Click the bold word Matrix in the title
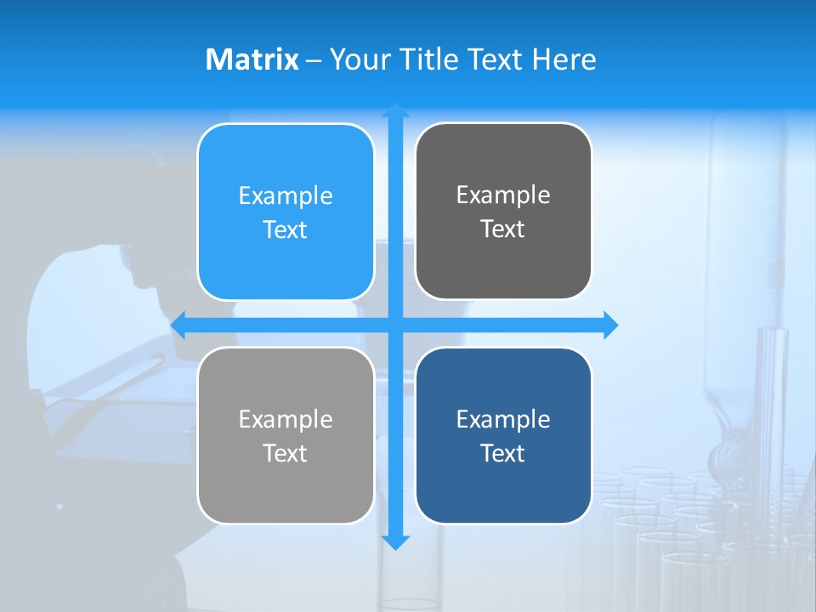252,59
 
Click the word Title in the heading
429,59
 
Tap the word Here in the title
564,59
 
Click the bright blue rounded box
286,263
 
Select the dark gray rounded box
503,263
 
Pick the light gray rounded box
286,489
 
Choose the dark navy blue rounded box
503,489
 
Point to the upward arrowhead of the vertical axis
395,110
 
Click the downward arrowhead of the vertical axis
395,542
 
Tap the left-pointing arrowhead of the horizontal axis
178,325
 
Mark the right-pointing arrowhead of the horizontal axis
611,325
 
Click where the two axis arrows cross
395,325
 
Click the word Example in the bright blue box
286,196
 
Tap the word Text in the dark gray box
503,229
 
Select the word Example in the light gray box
286,420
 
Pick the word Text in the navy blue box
503,453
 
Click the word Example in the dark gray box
503,195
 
